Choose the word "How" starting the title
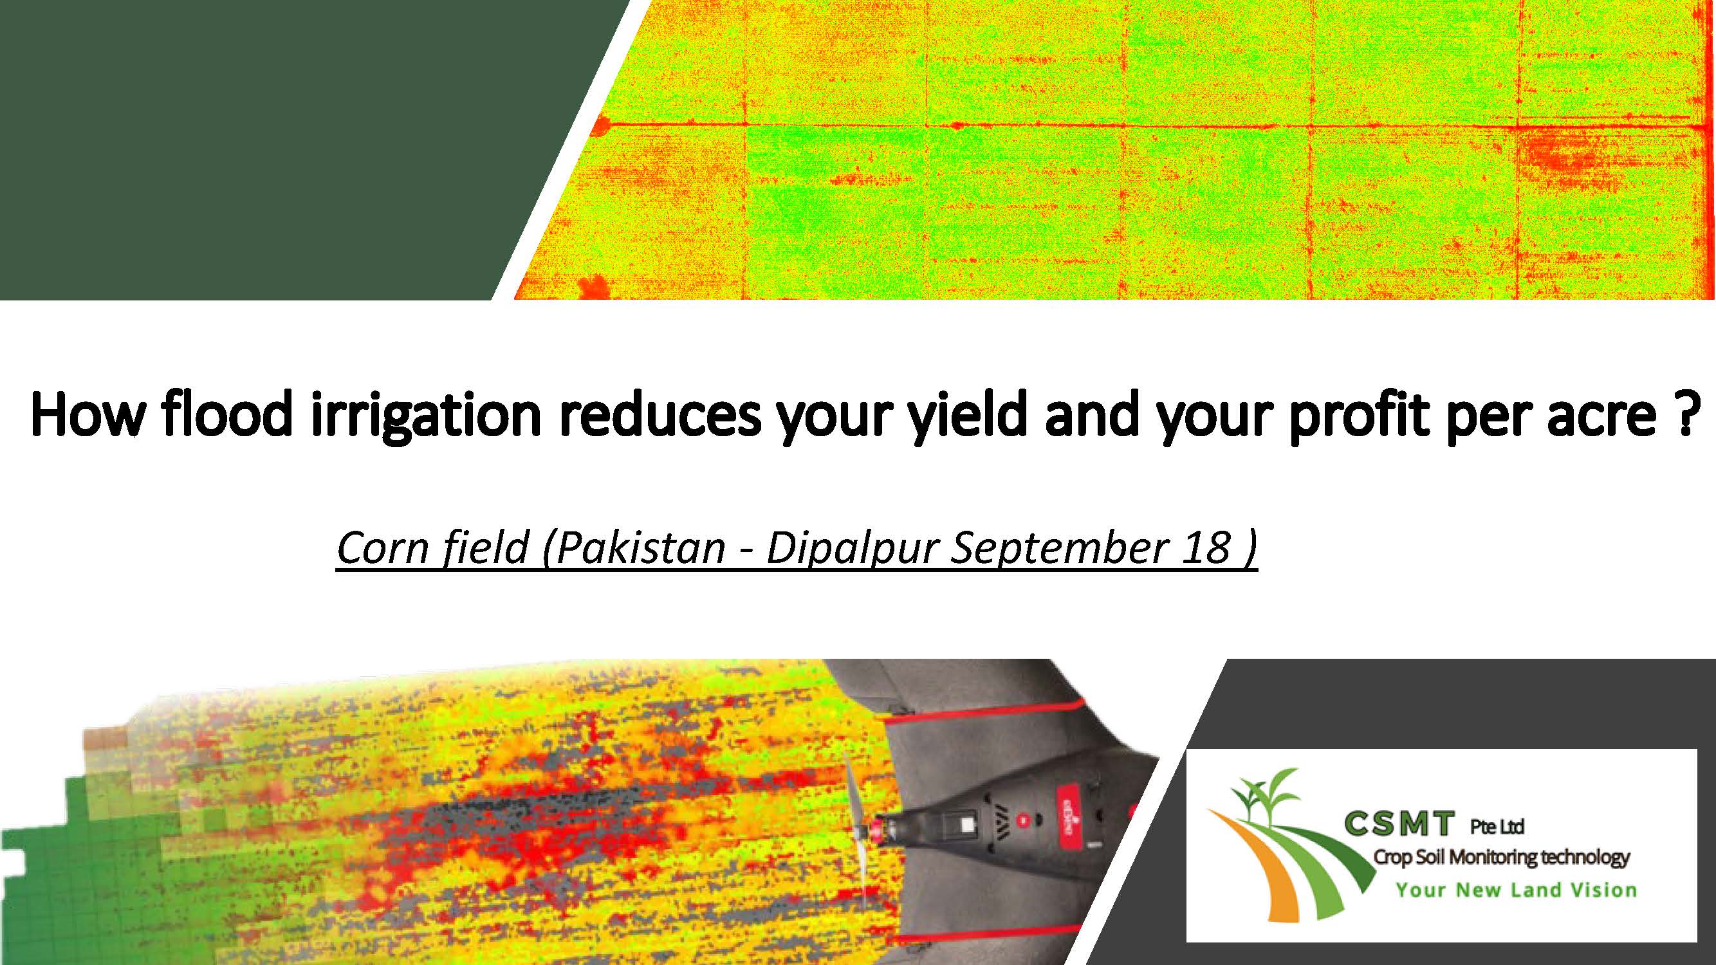(88, 415)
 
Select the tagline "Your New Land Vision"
(1516, 890)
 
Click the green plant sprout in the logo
(1262, 799)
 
